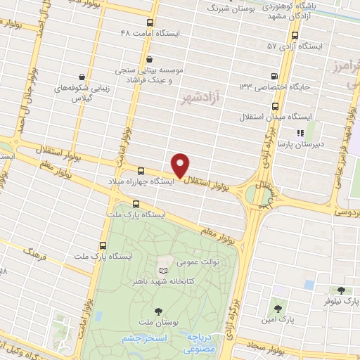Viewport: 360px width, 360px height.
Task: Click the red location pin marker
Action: pos(181,165)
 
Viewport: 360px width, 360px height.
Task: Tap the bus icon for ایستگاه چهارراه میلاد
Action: pos(141,171)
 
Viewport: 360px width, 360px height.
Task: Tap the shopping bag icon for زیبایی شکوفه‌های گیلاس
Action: pos(83,77)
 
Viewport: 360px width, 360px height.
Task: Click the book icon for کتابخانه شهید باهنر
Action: pos(164,271)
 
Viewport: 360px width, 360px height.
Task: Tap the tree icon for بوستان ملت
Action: pos(157,310)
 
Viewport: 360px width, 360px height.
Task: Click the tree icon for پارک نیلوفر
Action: pos(342,290)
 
